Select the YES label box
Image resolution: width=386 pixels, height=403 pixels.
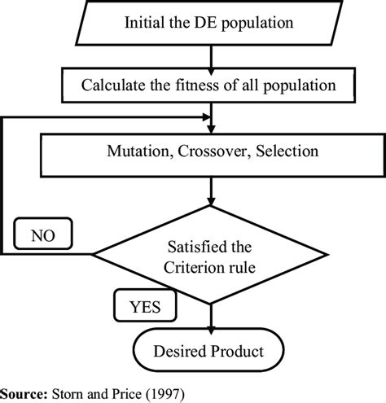[x=143, y=307]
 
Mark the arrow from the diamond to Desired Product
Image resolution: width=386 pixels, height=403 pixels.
[x=211, y=316]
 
